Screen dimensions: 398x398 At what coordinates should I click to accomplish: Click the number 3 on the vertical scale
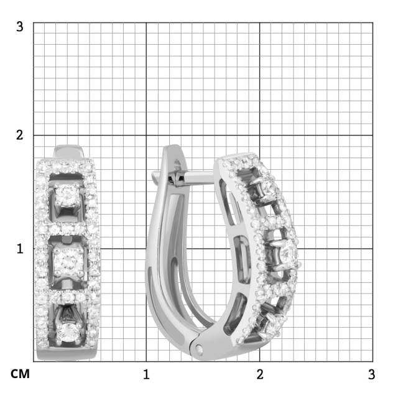20,27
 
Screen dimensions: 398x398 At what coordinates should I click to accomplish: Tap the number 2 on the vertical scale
20,135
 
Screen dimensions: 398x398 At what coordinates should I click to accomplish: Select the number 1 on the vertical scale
20,248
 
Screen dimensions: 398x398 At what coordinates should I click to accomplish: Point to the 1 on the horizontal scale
146,374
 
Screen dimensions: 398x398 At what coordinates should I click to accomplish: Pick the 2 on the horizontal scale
260,374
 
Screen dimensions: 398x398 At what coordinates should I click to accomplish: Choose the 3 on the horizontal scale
371,374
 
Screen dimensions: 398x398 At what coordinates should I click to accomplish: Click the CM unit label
21,374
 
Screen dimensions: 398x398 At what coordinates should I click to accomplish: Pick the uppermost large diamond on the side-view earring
268,187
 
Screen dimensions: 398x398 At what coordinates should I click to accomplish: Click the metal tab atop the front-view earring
68,151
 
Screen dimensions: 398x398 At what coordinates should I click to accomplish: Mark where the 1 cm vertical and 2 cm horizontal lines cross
260,248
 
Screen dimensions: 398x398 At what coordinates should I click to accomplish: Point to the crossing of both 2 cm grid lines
260,135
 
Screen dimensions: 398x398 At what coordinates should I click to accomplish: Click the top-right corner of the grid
373,22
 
